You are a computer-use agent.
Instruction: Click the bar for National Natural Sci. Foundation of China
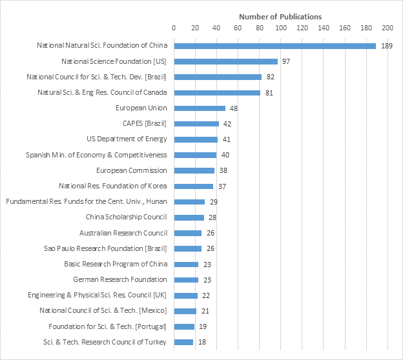274,46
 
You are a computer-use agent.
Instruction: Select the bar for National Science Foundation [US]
225,61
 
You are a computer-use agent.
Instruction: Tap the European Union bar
200,108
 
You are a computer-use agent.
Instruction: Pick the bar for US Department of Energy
196,139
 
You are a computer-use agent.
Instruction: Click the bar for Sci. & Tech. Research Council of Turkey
183,342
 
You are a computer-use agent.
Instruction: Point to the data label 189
387,46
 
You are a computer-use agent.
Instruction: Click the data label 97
285,61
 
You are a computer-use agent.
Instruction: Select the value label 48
234,108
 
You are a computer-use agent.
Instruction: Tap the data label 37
222,186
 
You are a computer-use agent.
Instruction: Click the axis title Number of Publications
280,16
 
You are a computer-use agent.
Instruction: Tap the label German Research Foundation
120,279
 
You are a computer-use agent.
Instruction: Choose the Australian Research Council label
123,233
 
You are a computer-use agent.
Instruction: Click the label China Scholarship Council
127,217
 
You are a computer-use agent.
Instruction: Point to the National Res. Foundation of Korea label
113,186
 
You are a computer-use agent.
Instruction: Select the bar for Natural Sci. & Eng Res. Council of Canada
217,93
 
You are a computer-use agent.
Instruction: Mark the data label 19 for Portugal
203,326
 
